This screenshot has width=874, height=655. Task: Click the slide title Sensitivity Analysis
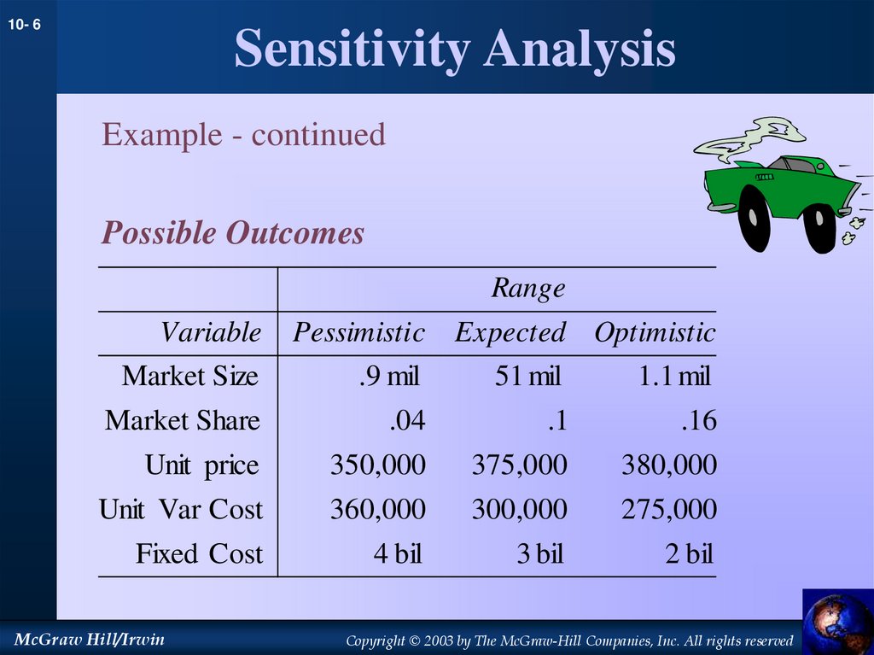454,49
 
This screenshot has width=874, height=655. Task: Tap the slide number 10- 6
25,26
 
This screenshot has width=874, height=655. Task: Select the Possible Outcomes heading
232,233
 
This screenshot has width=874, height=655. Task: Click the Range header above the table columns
527,289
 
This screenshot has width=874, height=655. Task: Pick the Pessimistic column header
358,332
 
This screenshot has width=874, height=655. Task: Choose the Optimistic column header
655,332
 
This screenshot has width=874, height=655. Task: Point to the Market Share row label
183,421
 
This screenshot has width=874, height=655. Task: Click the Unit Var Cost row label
181,510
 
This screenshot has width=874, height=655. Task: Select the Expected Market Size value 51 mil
527,377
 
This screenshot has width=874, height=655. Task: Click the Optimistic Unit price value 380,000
668,465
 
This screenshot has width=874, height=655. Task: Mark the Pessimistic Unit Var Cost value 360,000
377,510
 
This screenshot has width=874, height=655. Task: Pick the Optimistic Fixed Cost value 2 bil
689,554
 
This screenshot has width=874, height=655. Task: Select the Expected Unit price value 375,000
519,465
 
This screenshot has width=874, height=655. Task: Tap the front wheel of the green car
819,227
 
